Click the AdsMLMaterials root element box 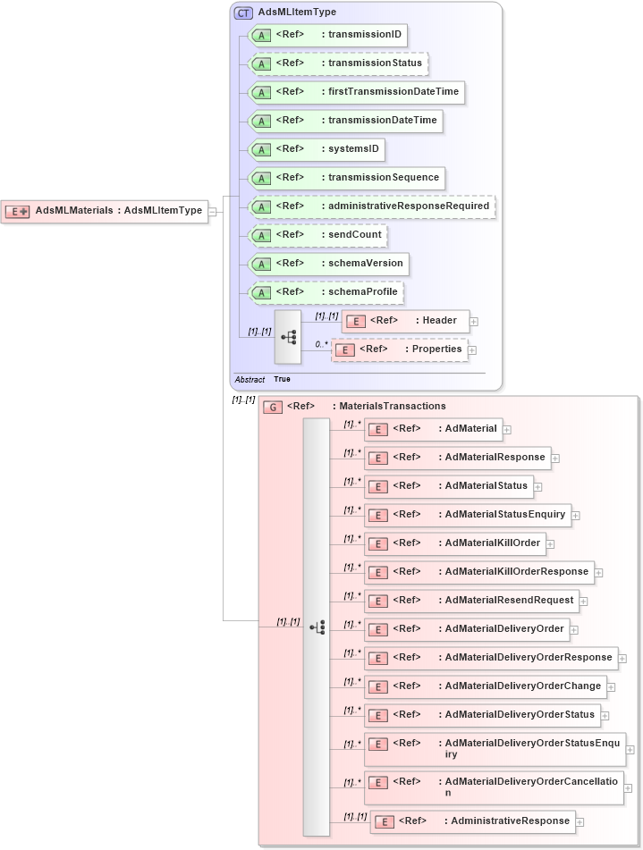pos(105,211)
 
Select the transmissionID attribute pos(327,35)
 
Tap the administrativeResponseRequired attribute pos(371,206)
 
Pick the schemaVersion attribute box pos(329,264)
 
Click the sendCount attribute pos(317,235)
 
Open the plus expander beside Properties pos(472,350)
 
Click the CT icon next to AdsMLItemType pos(243,13)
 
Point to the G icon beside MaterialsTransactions pos(272,407)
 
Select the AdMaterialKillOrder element pos(455,543)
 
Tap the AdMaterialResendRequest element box pos(470,600)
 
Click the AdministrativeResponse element pos(473,821)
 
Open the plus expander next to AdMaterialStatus pos(538,487)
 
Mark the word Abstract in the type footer pos(250,380)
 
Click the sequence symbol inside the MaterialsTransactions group pos(317,627)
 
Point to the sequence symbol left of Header pos(288,337)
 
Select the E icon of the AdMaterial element pos(377,429)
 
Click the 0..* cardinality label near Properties pos(321,344)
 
